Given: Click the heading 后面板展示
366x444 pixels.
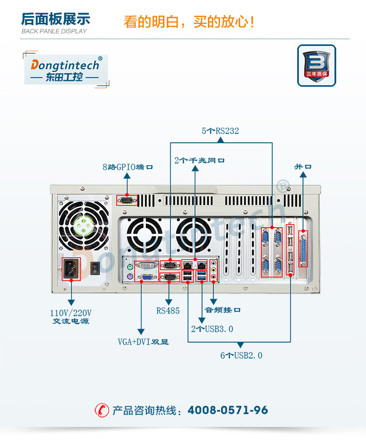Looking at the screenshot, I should [56, 19].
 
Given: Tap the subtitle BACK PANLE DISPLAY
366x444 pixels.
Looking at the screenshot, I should [54, 31].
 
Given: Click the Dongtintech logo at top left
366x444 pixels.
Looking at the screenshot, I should [66, 69].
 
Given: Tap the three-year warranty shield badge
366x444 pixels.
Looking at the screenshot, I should [316, 65].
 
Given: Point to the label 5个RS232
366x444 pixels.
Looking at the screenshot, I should [220, 131].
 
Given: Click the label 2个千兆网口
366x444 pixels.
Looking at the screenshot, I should [200, 160].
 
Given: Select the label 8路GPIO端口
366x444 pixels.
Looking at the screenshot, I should [128, 167].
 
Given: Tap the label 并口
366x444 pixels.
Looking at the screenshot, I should [303, 167].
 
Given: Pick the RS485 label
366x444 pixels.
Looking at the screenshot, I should [168, 310].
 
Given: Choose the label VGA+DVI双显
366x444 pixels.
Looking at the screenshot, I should [143, 342].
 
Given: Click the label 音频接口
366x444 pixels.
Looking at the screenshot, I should [223, 310].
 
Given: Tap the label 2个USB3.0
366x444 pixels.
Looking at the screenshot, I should [212, 329].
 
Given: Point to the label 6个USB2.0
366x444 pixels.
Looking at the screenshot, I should [241, 356].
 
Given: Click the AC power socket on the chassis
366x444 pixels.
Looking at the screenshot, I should [71, 269].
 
